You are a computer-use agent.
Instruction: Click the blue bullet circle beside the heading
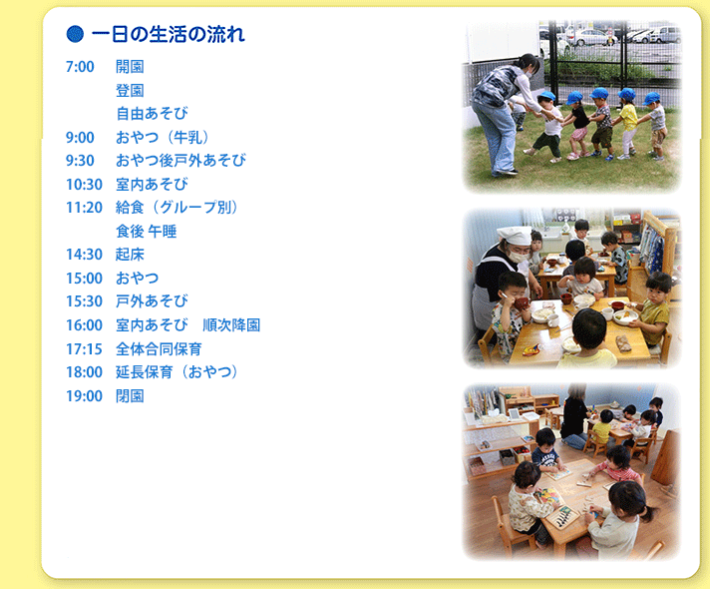tap(75, 34)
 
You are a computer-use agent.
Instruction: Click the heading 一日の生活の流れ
tap(169, 35)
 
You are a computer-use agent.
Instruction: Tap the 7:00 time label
tap(80, 67)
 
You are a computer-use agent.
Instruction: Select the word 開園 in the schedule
tap(130, 67)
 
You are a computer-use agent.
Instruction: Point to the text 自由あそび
tap(152, 114)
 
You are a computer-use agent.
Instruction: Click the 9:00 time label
tap(80, 138)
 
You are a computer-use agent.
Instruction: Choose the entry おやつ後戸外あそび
tap(180, 161)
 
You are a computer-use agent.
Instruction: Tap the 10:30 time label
tap(84, 185)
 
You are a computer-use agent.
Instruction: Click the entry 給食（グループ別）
tap(177, 208)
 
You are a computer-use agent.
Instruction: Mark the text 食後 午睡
tap(147, 232)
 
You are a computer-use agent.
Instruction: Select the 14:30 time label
tap(84, 255)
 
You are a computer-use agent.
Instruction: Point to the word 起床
tap(130, 255)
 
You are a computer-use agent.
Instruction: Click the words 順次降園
tap(231, 325)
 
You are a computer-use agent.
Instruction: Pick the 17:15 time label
tap(84, 349)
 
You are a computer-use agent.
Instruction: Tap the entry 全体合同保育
tap(159, 349)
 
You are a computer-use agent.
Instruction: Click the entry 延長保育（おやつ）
tap(177, 372)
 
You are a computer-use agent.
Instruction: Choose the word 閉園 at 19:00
tap(130, 396)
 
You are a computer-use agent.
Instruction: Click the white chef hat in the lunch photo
tap(515, 236)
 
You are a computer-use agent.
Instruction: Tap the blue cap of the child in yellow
tap(626, 94)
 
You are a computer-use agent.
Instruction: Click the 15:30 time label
tap(84, 301)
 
